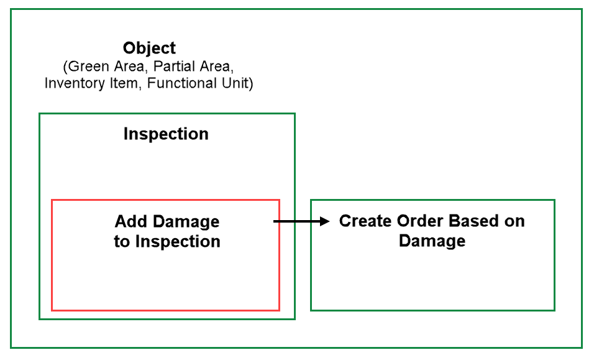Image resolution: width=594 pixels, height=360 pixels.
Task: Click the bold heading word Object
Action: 149,48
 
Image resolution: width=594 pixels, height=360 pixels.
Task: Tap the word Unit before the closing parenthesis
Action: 235,83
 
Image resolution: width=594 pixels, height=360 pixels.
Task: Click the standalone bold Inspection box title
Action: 166,134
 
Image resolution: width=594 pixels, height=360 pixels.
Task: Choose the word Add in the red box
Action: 129,221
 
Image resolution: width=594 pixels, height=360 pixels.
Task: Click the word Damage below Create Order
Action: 432,241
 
